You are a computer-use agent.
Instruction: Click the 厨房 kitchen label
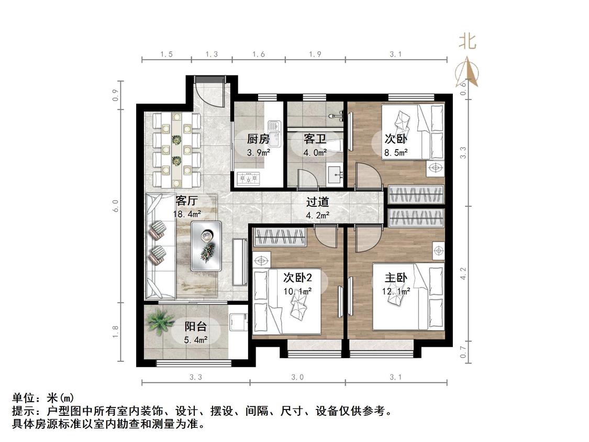click(x=259, y=139)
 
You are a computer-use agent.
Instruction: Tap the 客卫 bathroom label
click(x=315, y=139)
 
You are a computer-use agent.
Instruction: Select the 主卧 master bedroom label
click(x=396, y=278)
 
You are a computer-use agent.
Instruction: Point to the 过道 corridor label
click(x=317, y=202)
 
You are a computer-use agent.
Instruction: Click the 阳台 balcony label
click(x=196, y=327)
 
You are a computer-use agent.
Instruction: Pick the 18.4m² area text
click(x=187, y=214)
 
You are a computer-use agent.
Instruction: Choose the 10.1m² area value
click(x=297, y=291)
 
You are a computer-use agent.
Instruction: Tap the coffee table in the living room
click(x=206, y=246)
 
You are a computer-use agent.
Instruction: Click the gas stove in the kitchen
click(x=248, y=178)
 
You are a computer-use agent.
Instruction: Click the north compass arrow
click(x=467, y=71)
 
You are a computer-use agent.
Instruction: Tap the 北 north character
click(x=467, y=41)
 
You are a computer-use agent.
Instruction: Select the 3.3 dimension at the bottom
click(x=196, y=377)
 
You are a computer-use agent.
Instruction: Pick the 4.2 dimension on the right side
click(x=463, y=273)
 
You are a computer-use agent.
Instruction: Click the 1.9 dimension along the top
click(x=315, y=54)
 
